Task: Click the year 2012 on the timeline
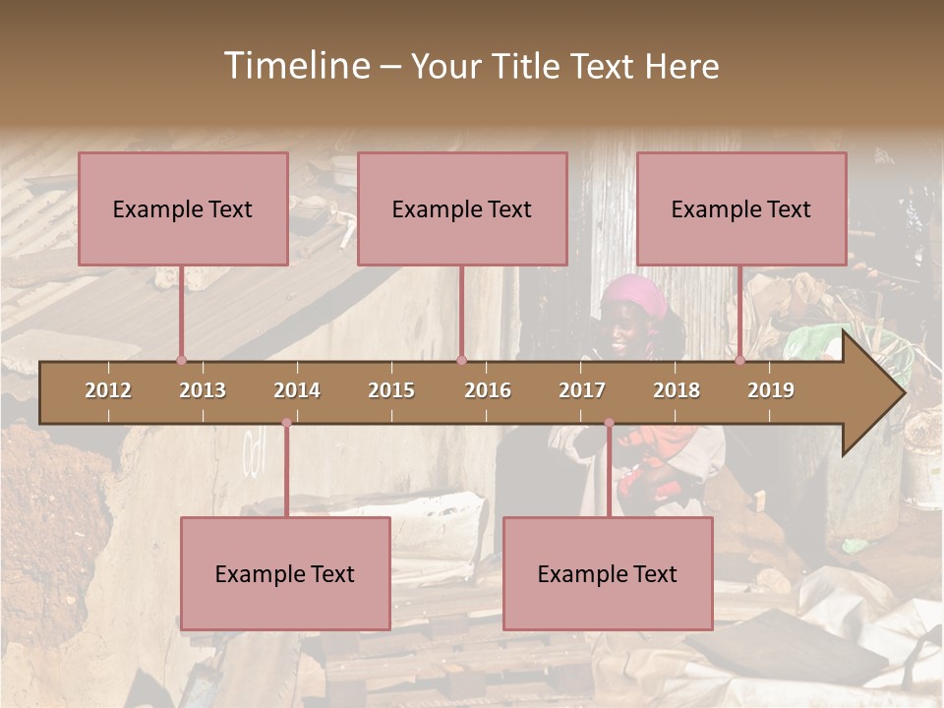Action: tap(108, 390)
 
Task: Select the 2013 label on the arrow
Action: tap(203, 390)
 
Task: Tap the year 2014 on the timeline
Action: tap(297, 390)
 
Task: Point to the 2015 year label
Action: tap(391, 390)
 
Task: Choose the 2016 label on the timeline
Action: tap(488, 390)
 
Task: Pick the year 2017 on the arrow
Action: tap(582, 390)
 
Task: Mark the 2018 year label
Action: tap(677, 390)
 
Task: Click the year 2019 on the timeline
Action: tap(771, 390)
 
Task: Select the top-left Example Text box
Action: tap(183, 208)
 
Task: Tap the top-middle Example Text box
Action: tap(462, 208)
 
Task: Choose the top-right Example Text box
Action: tap(741, 208)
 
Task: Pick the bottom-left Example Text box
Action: tap(285, 573)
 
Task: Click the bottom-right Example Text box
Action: tap(608, 573)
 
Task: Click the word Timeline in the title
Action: tap(295, 66)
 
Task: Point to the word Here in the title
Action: tap(681, 67)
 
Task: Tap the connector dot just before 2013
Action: tap(181, 360)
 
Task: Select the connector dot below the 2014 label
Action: tap(286, 423)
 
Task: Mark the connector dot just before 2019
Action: tap(740, 360)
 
